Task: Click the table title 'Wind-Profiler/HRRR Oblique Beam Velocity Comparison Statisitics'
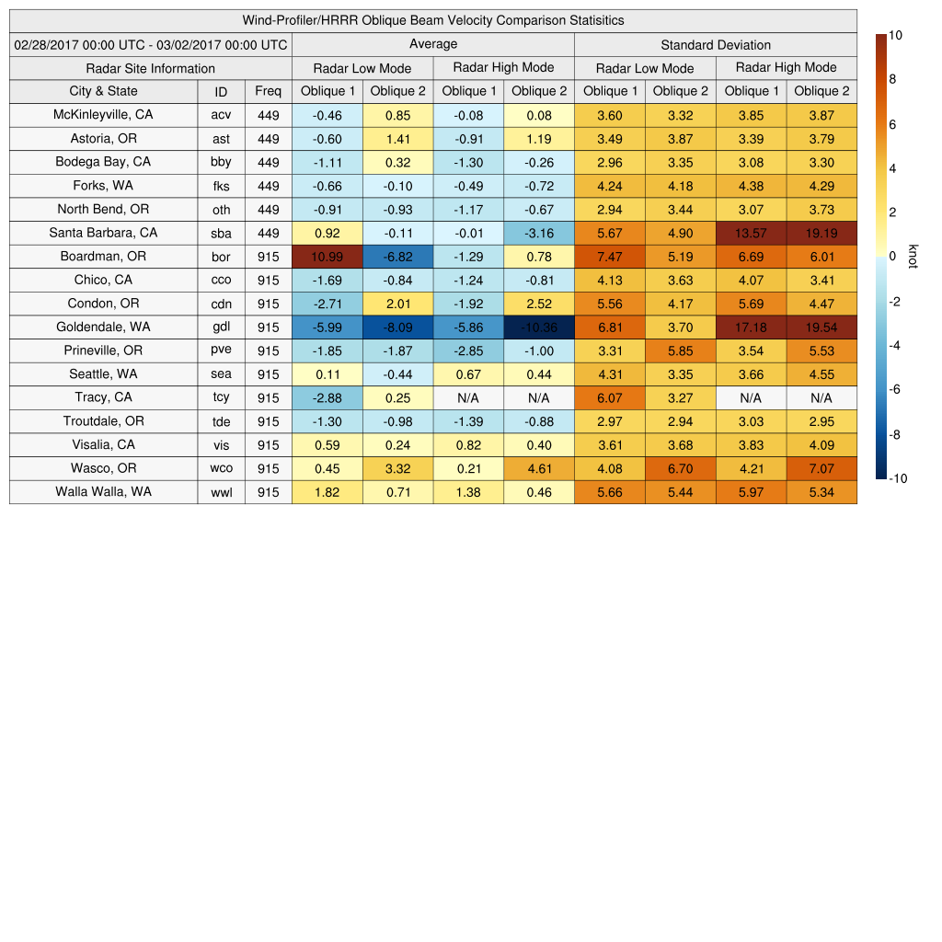(433, 20)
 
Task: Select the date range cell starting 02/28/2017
(151, 44)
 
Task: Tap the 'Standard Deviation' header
(716, 45)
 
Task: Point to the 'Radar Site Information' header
(151, 68)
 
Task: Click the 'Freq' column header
(268, 91)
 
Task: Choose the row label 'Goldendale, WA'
(103, 327)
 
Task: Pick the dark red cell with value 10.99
(327, 257)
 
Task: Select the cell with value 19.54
(821, 327)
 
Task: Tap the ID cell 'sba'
(221, 233)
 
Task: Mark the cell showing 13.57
(751, 233)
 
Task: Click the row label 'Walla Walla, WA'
(103, 492)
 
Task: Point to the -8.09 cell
(397, 327)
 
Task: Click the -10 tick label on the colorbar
(899, 478)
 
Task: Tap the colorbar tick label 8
(893, 80)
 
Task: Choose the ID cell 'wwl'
(221, 492)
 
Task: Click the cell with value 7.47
(609, 257)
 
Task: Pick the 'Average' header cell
(433, 44)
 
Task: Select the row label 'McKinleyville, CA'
(103, 115)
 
